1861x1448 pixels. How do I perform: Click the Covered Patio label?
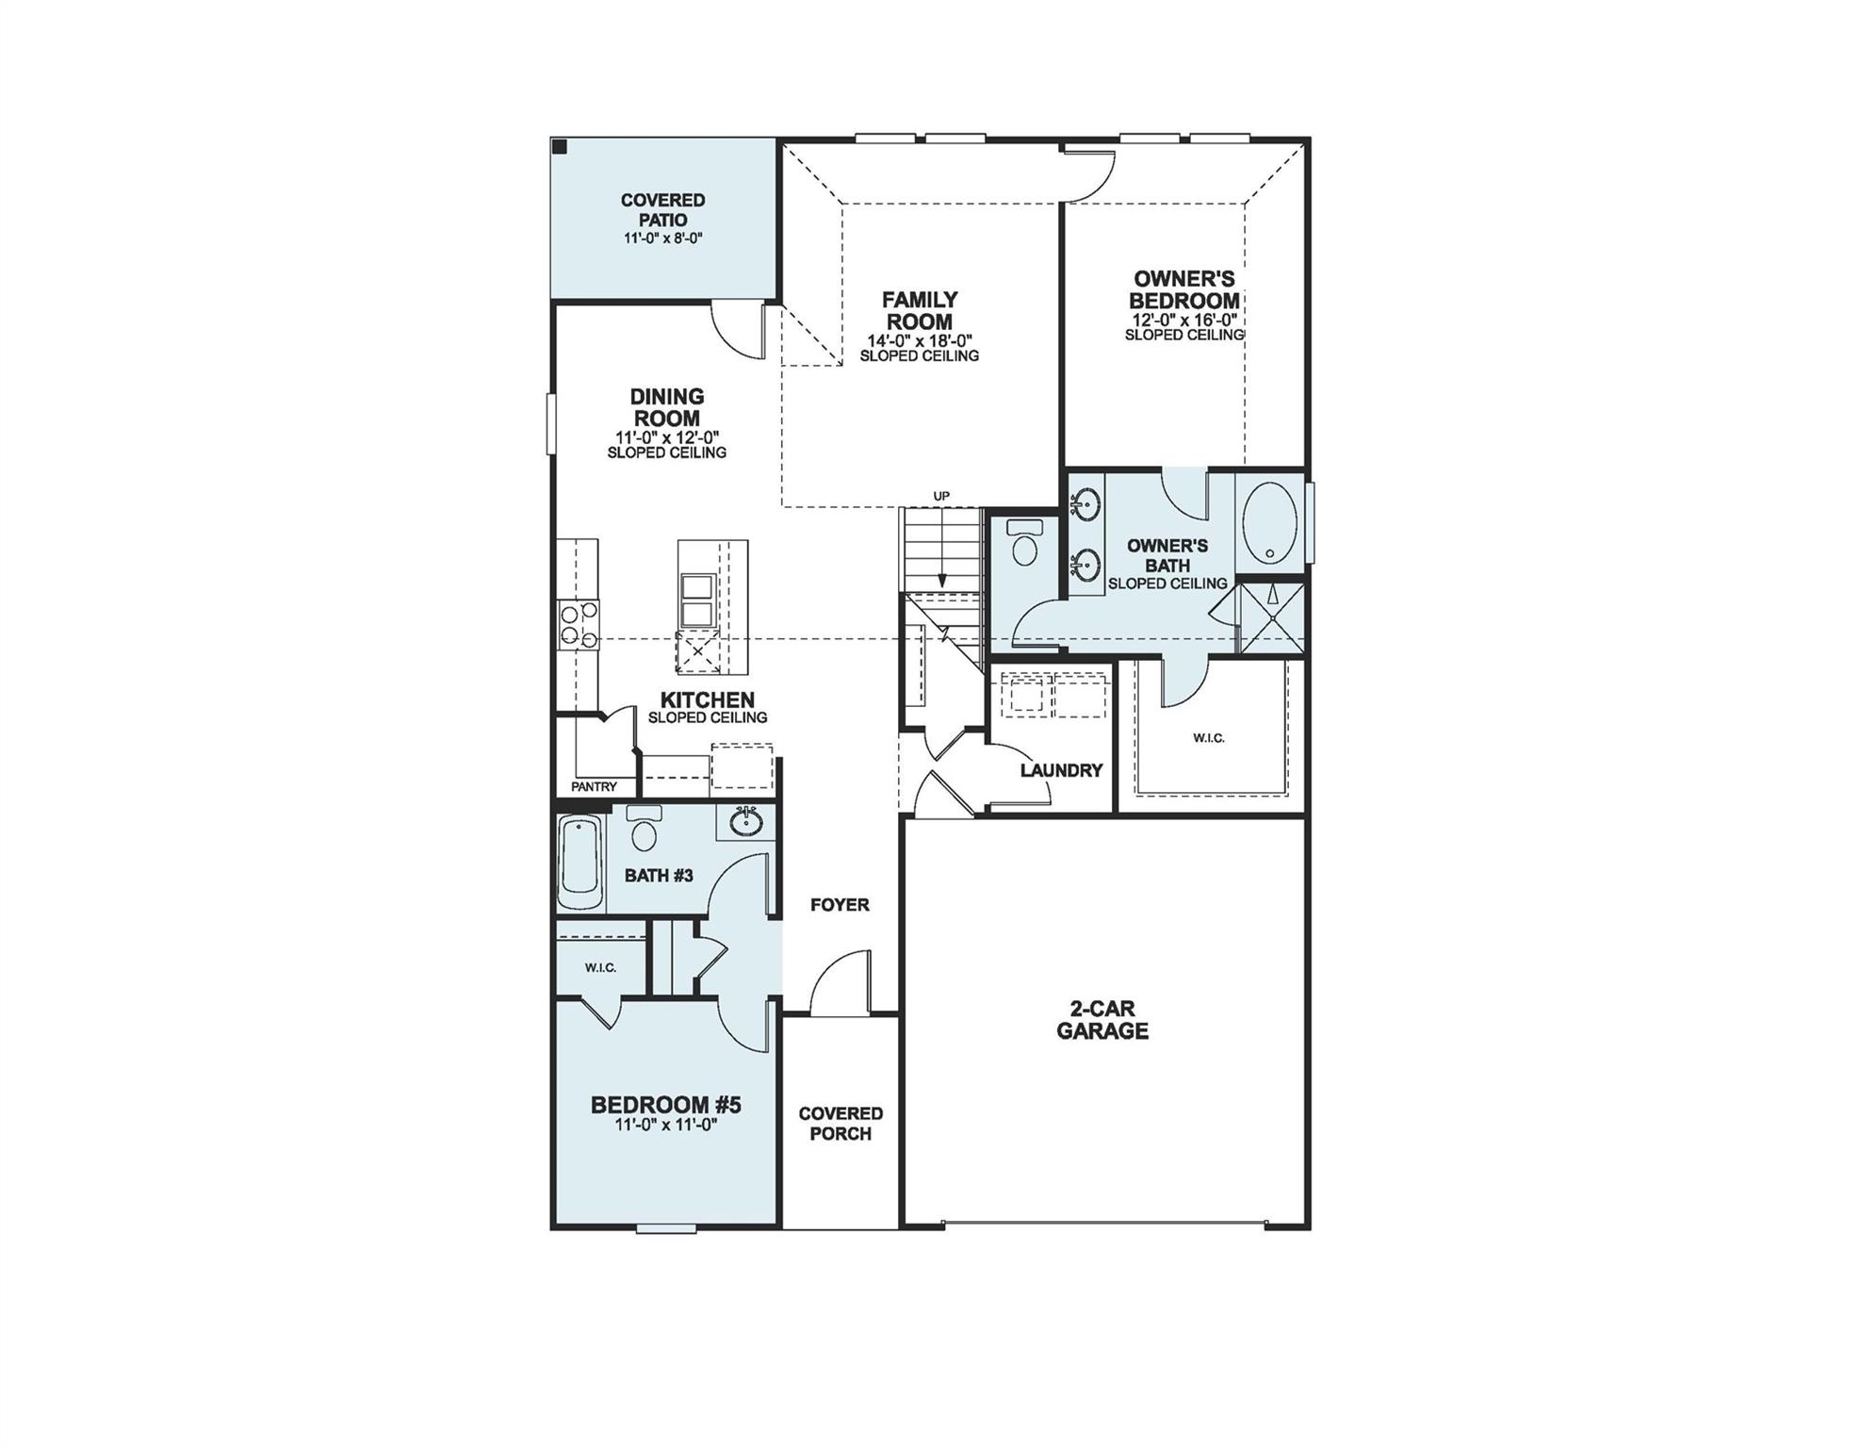pos(662,209)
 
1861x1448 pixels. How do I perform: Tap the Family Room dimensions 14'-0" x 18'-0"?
pos(919,340)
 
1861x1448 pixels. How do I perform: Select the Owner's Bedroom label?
pos(1184,289)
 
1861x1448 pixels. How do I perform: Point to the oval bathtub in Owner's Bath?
pos(1268,524)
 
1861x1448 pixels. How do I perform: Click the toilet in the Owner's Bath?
pos(1021,544)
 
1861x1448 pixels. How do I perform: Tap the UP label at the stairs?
pos(940,496)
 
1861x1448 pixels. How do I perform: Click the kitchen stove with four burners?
pos(578,624)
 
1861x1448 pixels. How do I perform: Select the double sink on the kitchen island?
pos(696,601)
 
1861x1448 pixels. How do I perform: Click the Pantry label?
pos(594,786)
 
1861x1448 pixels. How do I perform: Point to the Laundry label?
pos(1061,770)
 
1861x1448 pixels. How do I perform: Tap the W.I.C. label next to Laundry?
pos(1208,737)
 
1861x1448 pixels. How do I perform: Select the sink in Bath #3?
pos(745,821)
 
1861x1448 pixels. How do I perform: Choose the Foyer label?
pos(840,905)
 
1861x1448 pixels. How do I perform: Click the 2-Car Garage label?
pos(1102,1020)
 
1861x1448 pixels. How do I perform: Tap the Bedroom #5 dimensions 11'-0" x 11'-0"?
pos(665,1125)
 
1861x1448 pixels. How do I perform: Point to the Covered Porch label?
pos(841,1124)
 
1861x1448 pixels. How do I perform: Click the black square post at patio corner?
pos(560,147)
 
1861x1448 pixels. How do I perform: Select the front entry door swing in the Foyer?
pos(839,985)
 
